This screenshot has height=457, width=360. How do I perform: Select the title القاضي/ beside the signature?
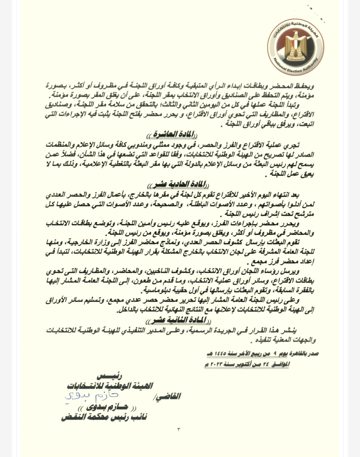click(168, 396)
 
